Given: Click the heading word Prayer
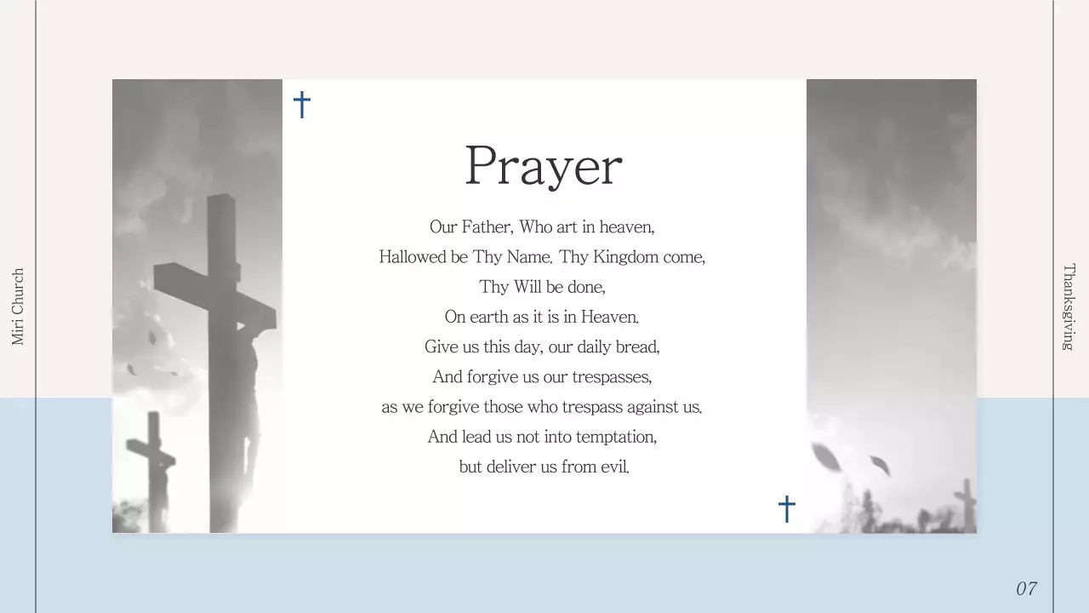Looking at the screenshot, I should [544, 166].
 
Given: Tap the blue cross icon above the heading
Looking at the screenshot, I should [302, 105].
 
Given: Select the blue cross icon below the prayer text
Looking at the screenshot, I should [787, 508].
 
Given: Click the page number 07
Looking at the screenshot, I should [1026, 588].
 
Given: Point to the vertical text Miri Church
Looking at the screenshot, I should [18, 306].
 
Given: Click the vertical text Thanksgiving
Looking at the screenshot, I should [1069, 306].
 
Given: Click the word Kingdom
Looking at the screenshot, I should [625, 256].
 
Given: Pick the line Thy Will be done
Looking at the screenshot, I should [542, 287].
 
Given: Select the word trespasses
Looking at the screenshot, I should [612, 376].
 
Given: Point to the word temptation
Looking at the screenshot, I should [616, 437].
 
